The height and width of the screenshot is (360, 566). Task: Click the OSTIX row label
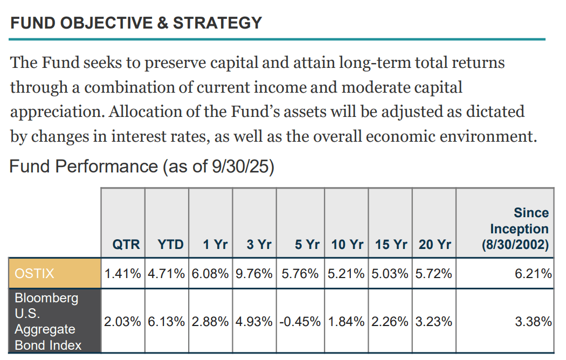point(34,273)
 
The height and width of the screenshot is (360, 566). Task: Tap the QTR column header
point(126,244)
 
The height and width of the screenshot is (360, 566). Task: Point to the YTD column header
point(170,244)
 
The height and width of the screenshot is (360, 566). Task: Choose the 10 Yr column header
point(347,244)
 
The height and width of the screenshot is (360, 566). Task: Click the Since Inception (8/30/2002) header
point(515,229)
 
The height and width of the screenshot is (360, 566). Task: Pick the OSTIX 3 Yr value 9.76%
point(254,273)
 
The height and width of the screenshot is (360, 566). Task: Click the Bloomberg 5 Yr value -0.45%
point(300,321)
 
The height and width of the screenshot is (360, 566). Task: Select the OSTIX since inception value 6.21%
point(533,273)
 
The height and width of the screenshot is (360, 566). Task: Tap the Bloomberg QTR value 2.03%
point(122,321)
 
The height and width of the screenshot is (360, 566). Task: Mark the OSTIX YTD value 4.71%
point(166,273)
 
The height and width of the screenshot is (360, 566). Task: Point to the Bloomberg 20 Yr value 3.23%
point(433,321)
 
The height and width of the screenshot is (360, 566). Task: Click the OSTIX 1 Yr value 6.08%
point(210,273)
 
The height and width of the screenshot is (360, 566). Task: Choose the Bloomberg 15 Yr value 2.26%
point(390,321)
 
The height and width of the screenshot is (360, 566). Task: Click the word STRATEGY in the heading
point(217,23)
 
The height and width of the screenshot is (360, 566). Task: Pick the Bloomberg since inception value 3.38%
point(533,321)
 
